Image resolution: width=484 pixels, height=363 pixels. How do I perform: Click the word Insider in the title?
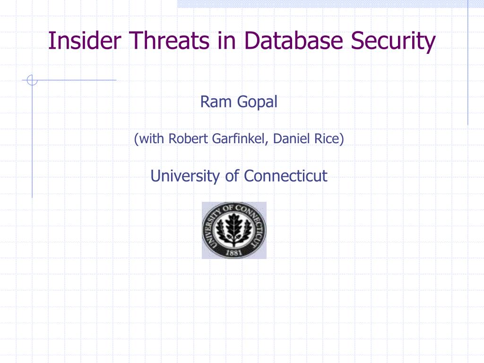85,41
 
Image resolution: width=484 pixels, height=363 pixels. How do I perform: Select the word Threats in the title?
169,41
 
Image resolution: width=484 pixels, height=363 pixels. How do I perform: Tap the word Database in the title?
294,41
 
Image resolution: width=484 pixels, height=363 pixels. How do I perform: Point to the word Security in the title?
393,42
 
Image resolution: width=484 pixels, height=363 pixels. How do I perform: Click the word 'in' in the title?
226,41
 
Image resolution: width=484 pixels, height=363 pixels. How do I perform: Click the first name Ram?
216,102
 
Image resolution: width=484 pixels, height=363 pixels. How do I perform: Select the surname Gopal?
258,103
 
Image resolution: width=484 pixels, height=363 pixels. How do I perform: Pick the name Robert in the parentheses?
188,138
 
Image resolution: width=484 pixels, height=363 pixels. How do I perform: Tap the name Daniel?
291,138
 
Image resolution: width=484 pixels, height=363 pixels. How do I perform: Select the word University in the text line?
185,176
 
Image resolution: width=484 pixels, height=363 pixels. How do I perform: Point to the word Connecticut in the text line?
285,176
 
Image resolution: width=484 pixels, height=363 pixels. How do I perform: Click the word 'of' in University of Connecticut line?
232,176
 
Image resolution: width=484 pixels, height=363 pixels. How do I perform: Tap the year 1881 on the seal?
233,252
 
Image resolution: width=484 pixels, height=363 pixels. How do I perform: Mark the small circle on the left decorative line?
32,80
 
